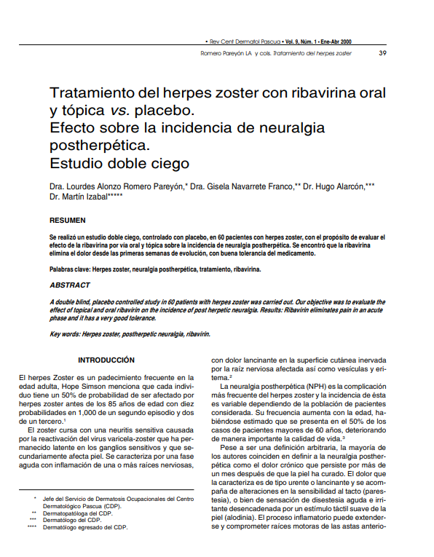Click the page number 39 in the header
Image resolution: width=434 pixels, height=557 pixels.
tap(382, 54)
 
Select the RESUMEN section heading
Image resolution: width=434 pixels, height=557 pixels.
tap(67, 221)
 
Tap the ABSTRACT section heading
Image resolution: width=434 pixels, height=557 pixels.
tap(70, 286)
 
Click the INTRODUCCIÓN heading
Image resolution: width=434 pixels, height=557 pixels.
tap(106, 360)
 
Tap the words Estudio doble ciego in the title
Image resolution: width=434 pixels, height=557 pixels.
tap(119, 162)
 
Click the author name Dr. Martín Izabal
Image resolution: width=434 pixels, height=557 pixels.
tap(78, 197)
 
